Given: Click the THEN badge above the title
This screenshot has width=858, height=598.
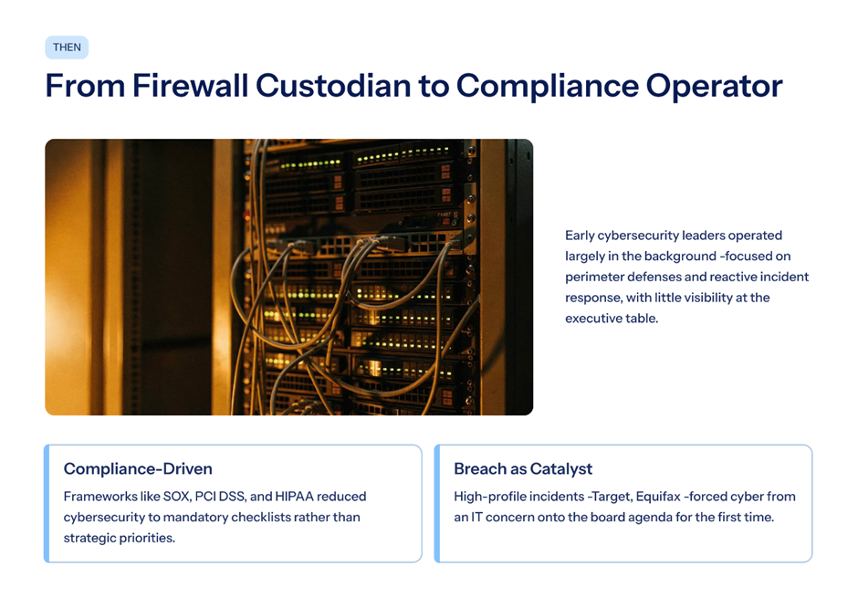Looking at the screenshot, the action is point(67,47).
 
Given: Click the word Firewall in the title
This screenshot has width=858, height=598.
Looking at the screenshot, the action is point(191,86).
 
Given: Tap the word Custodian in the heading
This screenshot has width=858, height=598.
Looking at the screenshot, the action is point(333,86).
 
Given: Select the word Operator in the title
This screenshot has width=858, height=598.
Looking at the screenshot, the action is point(714,88).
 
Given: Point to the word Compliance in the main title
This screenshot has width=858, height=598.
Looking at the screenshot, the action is point(547,88).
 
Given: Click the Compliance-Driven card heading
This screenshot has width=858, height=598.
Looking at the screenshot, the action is point(138,469).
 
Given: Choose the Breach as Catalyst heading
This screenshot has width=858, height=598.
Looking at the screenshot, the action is point(523,469).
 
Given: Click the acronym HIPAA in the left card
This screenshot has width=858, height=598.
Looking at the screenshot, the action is point(294,497).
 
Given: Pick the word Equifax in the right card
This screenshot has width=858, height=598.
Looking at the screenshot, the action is point(658,497).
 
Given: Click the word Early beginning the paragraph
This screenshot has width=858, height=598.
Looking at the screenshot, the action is point(580,236).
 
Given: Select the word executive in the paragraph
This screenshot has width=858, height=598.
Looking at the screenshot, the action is point(592,319).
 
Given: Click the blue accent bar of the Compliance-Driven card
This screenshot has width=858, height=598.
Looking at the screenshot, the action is point(47,503).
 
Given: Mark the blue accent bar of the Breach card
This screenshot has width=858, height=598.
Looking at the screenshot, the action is point(436,503).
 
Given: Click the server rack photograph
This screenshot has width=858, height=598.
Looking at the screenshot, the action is point(289,277).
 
